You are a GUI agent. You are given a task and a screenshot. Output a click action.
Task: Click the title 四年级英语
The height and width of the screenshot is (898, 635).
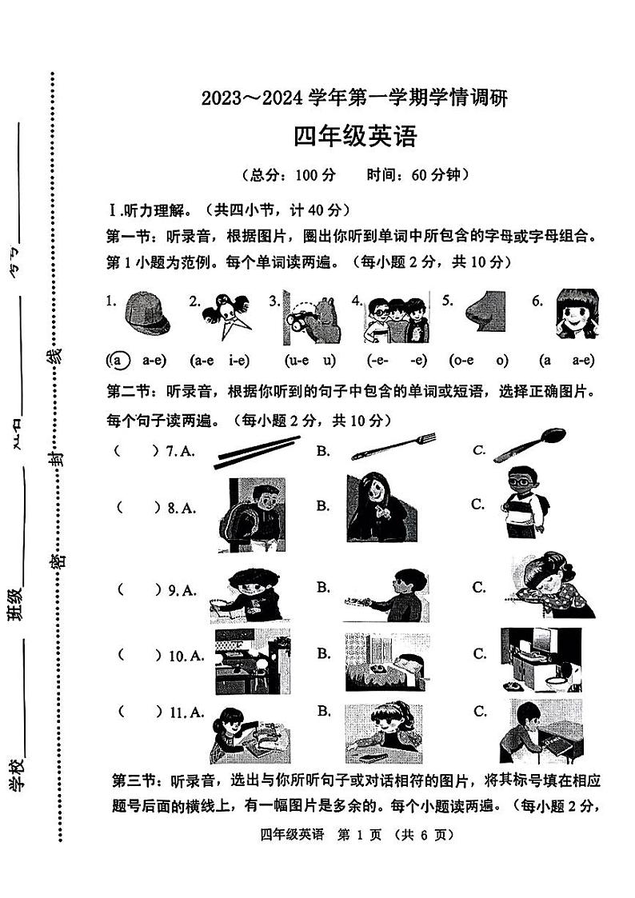point(355,138)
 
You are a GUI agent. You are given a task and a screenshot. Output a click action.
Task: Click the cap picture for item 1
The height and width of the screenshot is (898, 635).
point(148,314)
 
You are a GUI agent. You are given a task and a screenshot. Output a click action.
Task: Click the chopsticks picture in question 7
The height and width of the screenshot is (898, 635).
point(258,452)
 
